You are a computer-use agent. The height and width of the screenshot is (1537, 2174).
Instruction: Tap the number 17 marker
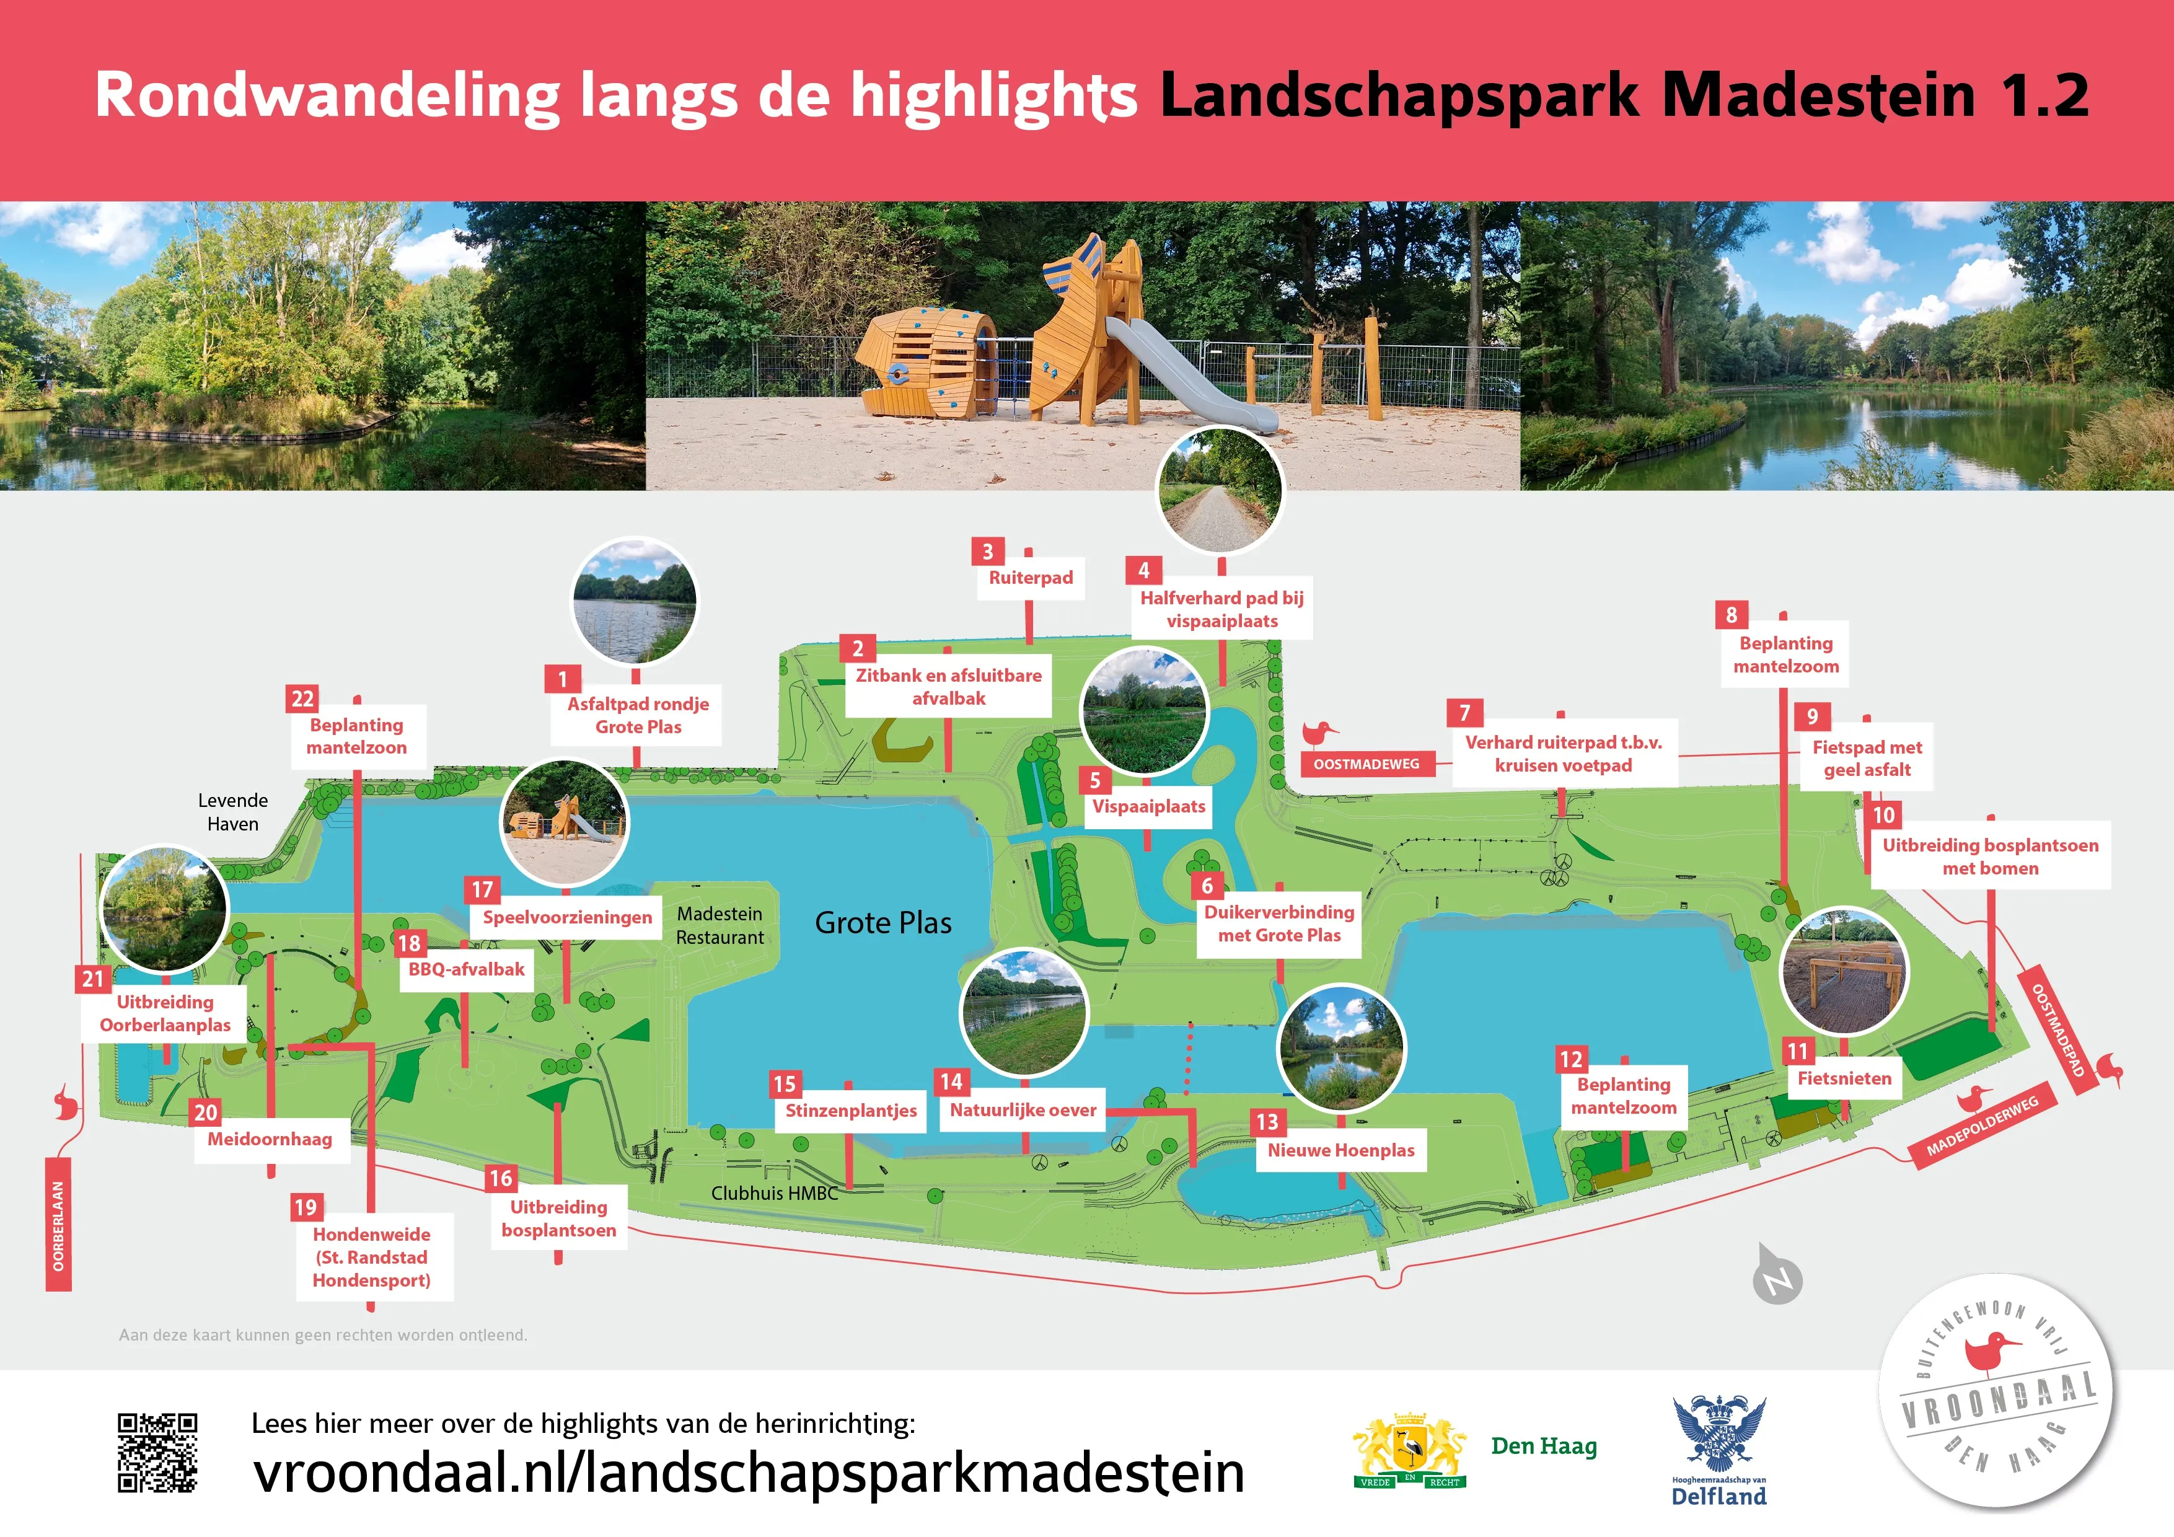[x=482, y=889]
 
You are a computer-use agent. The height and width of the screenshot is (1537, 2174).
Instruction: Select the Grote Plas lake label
[x=882, y=922]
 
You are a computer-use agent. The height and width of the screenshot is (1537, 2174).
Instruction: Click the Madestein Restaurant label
[x=720, y=925]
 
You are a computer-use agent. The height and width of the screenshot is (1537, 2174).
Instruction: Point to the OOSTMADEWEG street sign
[x=1366, y=764]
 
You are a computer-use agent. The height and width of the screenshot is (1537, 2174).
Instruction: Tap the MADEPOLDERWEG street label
[x=1982, y=1126]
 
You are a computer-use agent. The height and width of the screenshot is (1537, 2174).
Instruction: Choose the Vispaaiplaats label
[x=1148, y=806]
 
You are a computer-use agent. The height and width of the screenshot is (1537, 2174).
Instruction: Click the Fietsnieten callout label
[x=1844, y=1078]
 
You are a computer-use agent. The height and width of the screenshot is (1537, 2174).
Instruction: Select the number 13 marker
[x=1267, y=1122]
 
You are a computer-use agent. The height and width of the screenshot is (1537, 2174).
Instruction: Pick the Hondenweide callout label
[x=371, y=1257]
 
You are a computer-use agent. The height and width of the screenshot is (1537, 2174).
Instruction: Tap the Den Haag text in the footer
[x=1543, y=1445]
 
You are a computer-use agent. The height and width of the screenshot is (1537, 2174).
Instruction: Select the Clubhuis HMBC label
[x=775, y=1193]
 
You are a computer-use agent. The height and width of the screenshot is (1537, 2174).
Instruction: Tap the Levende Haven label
[x=233, y=812]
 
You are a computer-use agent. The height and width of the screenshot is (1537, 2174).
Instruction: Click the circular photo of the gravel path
[x=1220, y=490]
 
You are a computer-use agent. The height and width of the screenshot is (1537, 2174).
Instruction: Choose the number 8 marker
[x=1731, y=615]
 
